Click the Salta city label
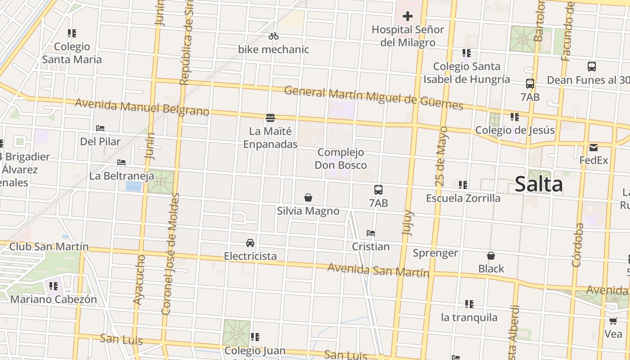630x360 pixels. pyautogui.click(x=539, y=184)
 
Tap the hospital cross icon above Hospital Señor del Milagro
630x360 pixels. pyautogui.click(x=408, y=17)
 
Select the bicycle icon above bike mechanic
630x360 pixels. pyautogui.click(x=274, y=36)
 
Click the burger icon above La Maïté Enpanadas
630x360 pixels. pyautogui.click(x=270, y=118)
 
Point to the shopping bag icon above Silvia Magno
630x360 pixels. pyautogui.click(x=308, y=198)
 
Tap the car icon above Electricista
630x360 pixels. pyautogui.click(x=250, y=243)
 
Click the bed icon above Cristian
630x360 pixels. pyautogui.click(x=371, y=233)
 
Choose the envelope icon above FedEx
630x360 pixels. pyautogui.click(x=594, y=147)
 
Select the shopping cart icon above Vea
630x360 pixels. pyautogui.click(x=613, y=321)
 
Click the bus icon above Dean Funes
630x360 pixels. pyautogui.click(x=592, y=67)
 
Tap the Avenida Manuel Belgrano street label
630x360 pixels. pyautogui.click(x=142, y=107)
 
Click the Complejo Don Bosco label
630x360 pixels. pyautogui.click(x=341, y=159)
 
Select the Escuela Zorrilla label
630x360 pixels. pyautogui.click(x=463, y=198)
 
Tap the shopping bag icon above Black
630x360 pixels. pyautogui.click(x=491, y=256)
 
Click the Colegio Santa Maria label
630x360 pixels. pyautogui.click(x=72, y=53)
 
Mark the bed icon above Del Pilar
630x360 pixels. pyautogui.click(x=100, y=128)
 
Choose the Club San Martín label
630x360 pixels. pyautogui.click(x=49, y=247)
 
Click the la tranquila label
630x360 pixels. pyautogui.click(x=469, y=317)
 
